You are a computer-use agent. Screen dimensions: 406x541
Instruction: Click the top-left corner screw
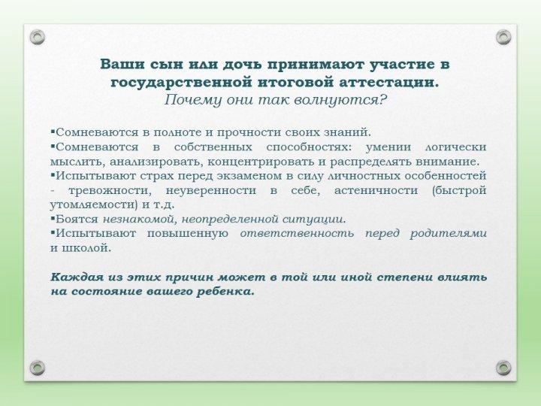coord(38,36)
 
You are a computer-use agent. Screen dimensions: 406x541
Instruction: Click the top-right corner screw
coord(503,36)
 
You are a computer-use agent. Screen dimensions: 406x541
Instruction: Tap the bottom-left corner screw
coord(38,367)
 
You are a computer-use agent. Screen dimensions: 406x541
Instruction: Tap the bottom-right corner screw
coord(503,367)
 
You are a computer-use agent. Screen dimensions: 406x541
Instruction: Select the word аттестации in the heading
coord(391,82)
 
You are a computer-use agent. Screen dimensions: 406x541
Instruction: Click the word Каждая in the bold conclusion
coord(73,277)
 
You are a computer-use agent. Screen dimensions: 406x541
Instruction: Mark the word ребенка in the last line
coord(227,291)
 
